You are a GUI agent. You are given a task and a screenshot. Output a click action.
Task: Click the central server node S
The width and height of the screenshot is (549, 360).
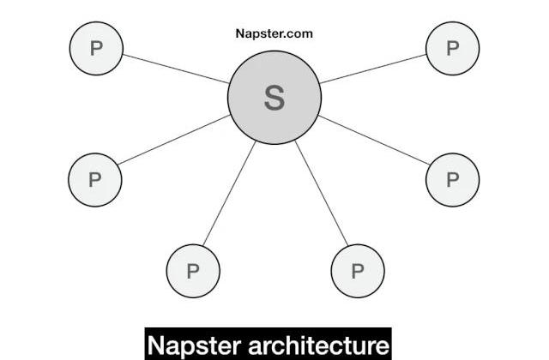tap(274, 98)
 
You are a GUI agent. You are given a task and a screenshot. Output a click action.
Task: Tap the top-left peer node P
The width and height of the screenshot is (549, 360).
tap(96, 48)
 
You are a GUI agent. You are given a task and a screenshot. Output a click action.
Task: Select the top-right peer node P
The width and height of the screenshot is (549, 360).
tap(453, 48)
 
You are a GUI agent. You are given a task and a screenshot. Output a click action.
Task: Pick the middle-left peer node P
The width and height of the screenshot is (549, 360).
tap(95, 180)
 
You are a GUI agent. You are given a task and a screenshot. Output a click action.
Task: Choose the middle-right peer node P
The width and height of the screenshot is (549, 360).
tap(453, 180)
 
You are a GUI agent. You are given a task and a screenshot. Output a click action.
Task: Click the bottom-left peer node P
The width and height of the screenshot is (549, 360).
tap(193, 271)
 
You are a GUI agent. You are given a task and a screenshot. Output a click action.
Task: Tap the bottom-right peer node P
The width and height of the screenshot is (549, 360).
tap(358, 271)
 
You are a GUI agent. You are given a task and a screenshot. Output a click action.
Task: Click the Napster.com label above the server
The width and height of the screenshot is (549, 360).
tap(274, 33)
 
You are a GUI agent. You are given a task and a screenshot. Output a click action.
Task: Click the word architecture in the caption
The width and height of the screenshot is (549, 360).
tap(318, 345)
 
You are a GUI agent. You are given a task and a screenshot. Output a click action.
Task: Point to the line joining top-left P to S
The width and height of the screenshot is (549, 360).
tap(176, 69)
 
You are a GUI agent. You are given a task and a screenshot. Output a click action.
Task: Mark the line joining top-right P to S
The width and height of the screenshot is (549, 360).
tap(373, 69)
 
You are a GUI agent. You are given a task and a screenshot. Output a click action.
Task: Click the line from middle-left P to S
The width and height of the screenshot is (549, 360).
tap(174, 140)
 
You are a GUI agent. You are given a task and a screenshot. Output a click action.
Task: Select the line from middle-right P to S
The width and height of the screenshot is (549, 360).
tap(374, 140)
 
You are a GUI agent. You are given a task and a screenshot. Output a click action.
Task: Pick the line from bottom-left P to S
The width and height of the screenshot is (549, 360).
tap(229, 193)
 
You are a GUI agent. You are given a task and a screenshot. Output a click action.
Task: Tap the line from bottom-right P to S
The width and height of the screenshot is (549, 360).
tap(322, 193)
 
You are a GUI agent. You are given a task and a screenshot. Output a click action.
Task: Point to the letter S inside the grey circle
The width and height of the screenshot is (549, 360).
tap(274, 98)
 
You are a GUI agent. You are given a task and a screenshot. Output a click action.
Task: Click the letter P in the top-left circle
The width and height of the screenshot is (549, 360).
tap(96, 48)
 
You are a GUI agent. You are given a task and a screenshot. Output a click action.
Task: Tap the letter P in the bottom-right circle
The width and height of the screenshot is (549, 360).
tap(358, 271)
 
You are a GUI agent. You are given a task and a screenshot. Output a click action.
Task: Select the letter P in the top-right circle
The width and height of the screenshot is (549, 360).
tap(453, 48)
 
